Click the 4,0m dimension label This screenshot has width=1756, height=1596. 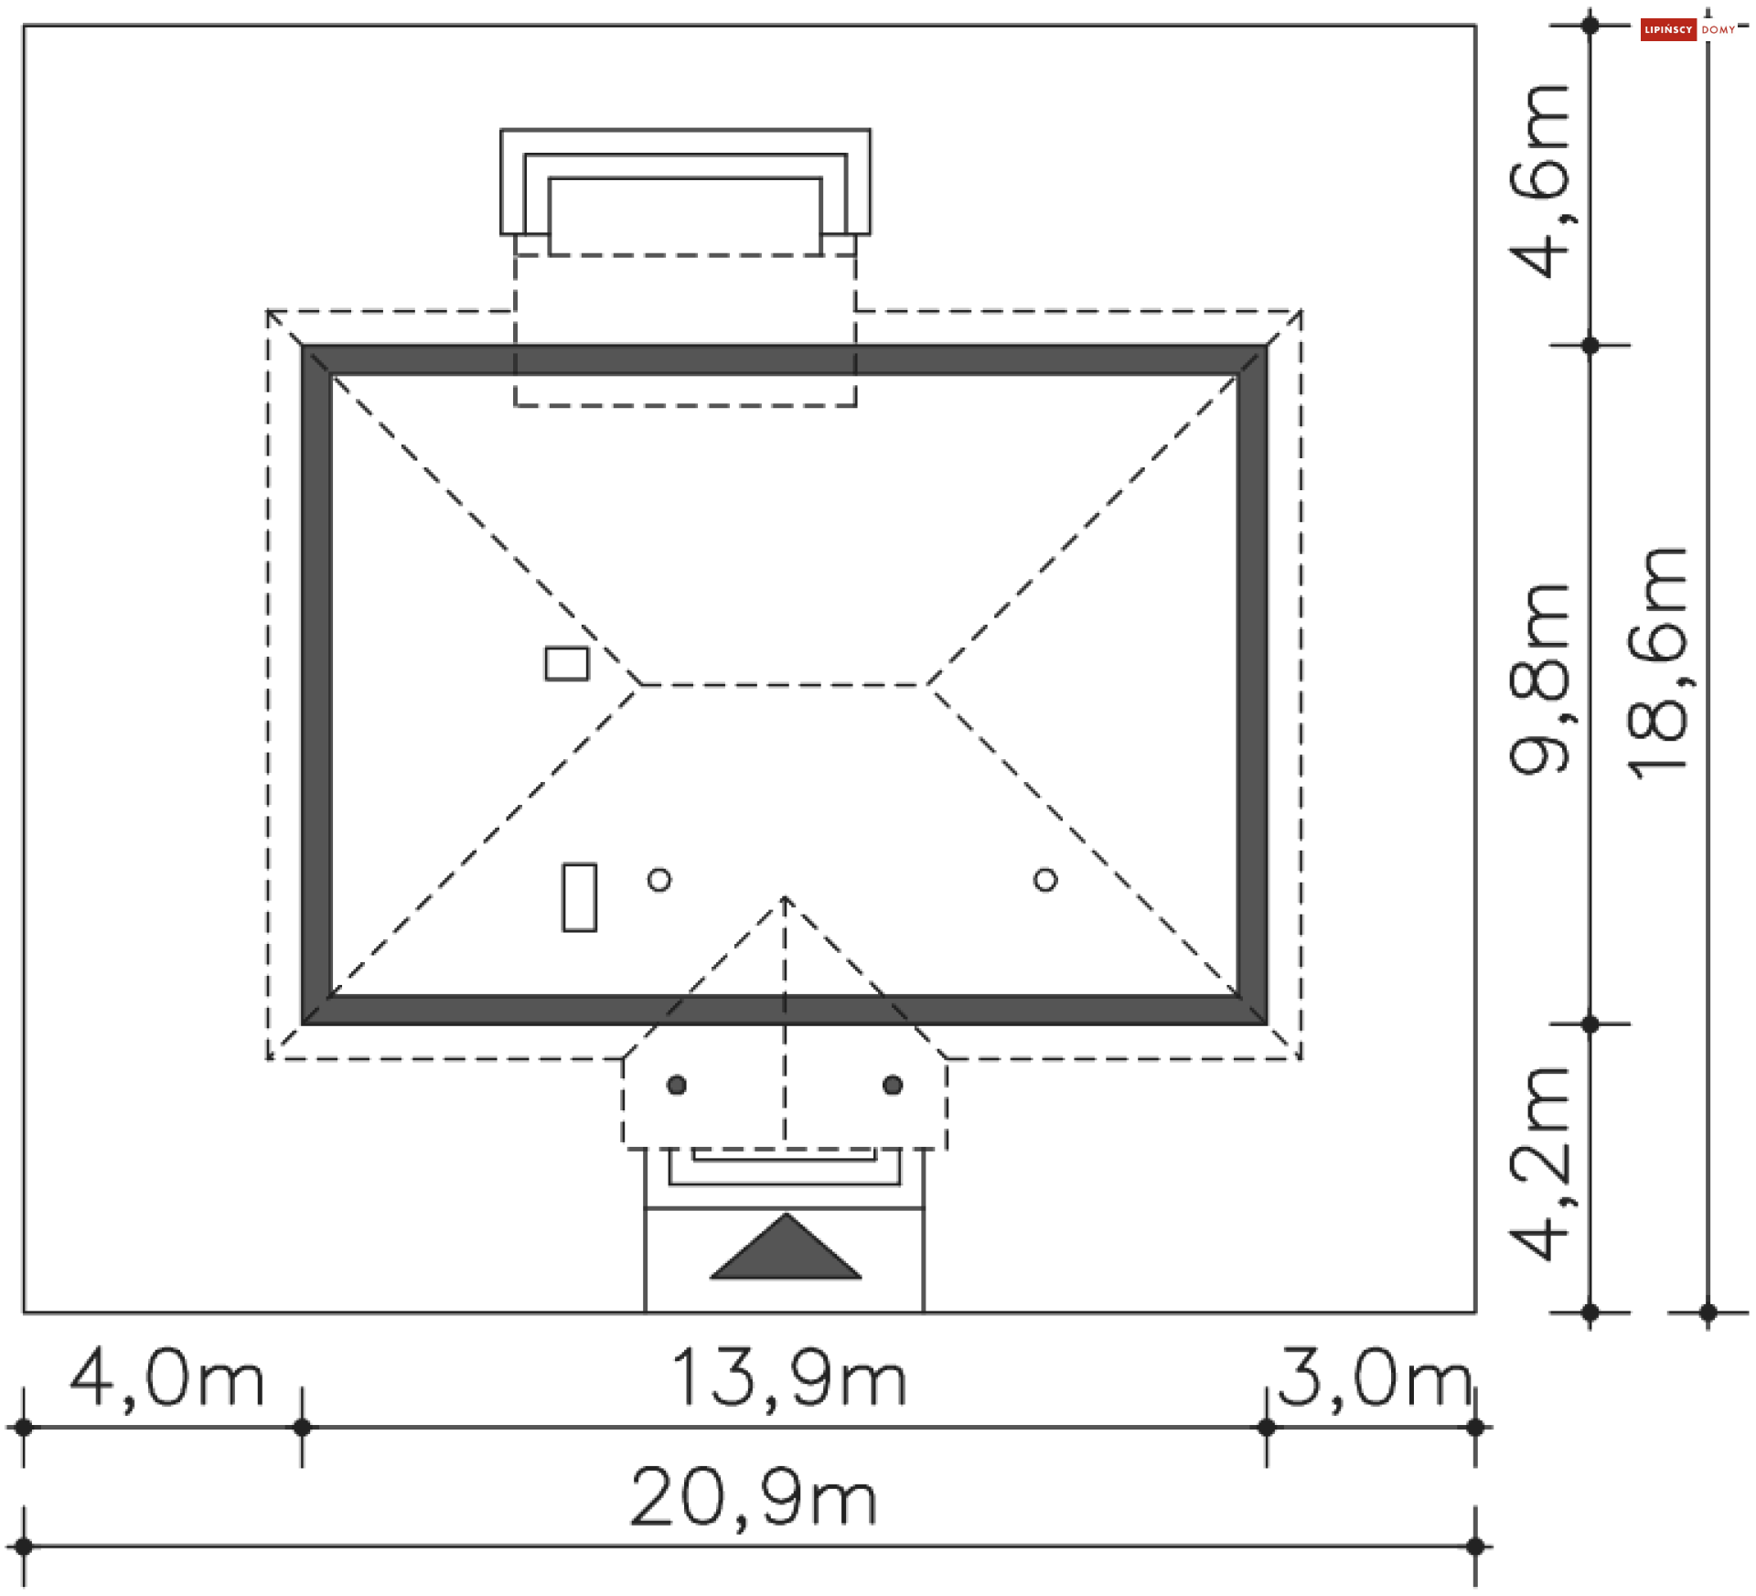167,1379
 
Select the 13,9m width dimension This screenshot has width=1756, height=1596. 789,1379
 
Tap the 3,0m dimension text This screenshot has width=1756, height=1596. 1375,1379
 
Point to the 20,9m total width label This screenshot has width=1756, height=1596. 754,1498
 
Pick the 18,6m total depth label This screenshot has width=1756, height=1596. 1657,663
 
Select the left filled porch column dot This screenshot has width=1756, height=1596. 677,1085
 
